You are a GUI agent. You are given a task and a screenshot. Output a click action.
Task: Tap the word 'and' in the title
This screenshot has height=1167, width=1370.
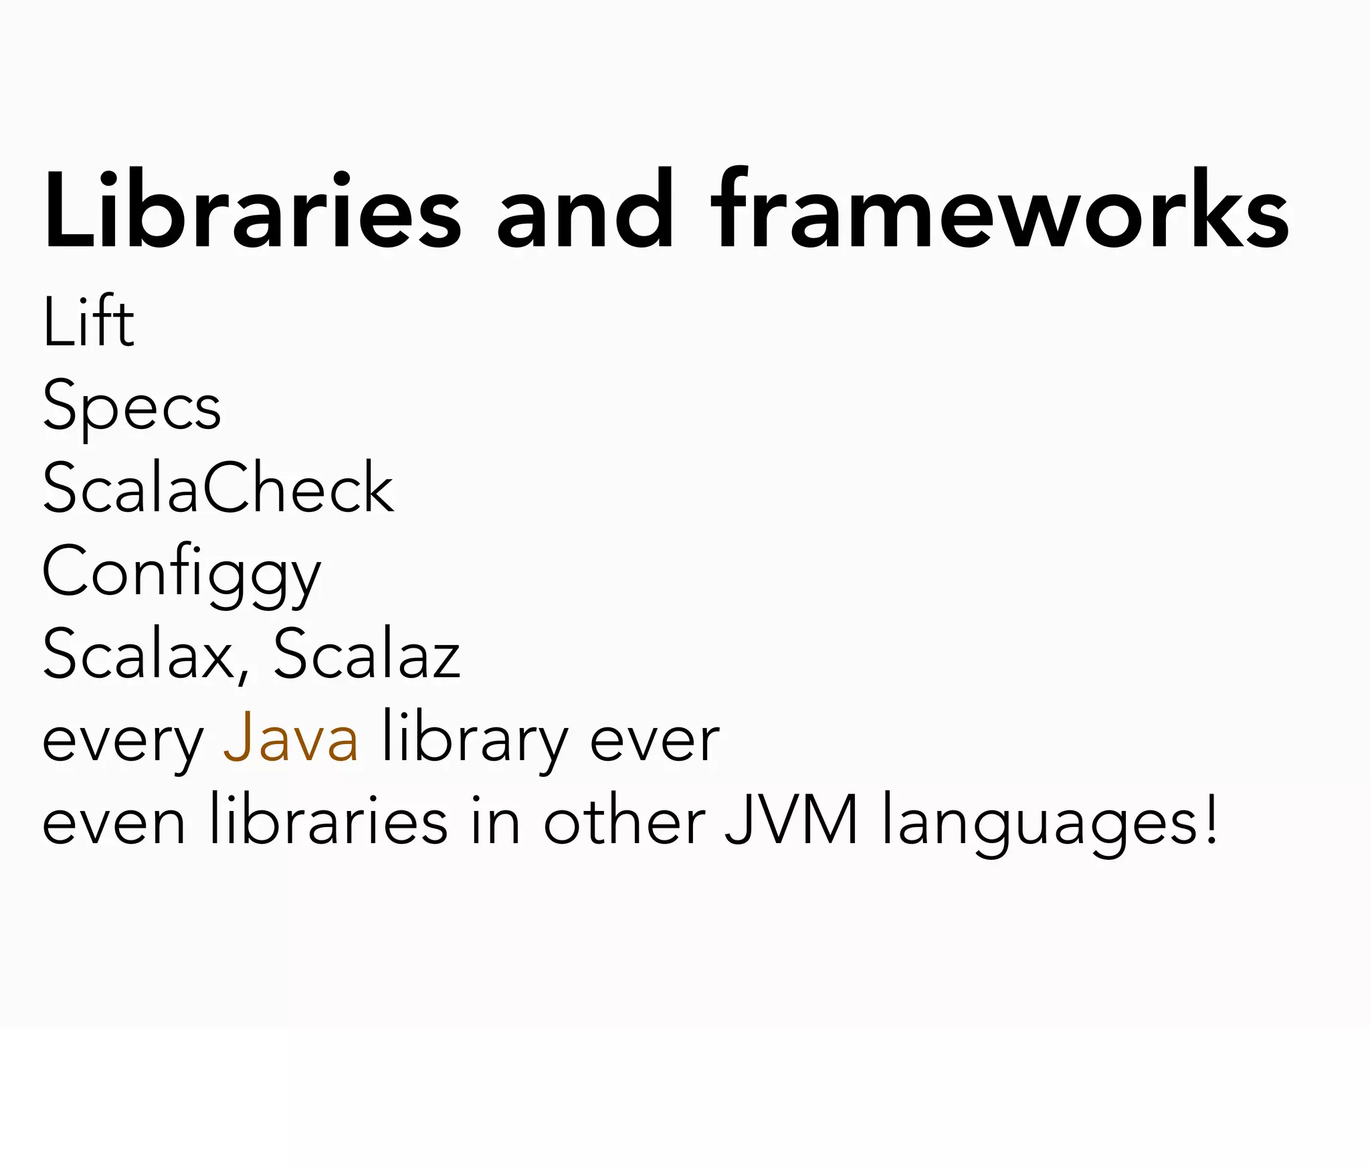[x=585, y=210]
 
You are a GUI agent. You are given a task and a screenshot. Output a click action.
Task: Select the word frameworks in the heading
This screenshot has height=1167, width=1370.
[x=999, y=210]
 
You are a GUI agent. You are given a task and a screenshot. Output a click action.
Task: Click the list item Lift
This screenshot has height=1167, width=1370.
[x=88, y=322]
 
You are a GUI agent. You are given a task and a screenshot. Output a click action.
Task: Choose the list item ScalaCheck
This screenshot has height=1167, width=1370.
[x=218, y=488]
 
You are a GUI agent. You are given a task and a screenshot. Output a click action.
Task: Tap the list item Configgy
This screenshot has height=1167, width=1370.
[x=181, y=573]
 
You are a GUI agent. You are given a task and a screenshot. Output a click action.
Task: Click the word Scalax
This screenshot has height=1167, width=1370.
[x=137, y=654]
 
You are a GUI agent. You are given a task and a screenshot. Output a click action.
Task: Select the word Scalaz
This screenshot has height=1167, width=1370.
[x=367, y=654]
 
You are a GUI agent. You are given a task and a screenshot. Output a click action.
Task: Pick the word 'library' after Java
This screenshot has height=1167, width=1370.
[x=474, y=739]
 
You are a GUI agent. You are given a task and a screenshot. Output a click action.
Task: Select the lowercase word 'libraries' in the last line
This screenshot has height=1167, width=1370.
[x=328, y=820]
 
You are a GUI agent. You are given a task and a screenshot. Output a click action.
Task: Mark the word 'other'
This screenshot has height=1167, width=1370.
[x=624, y=820]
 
